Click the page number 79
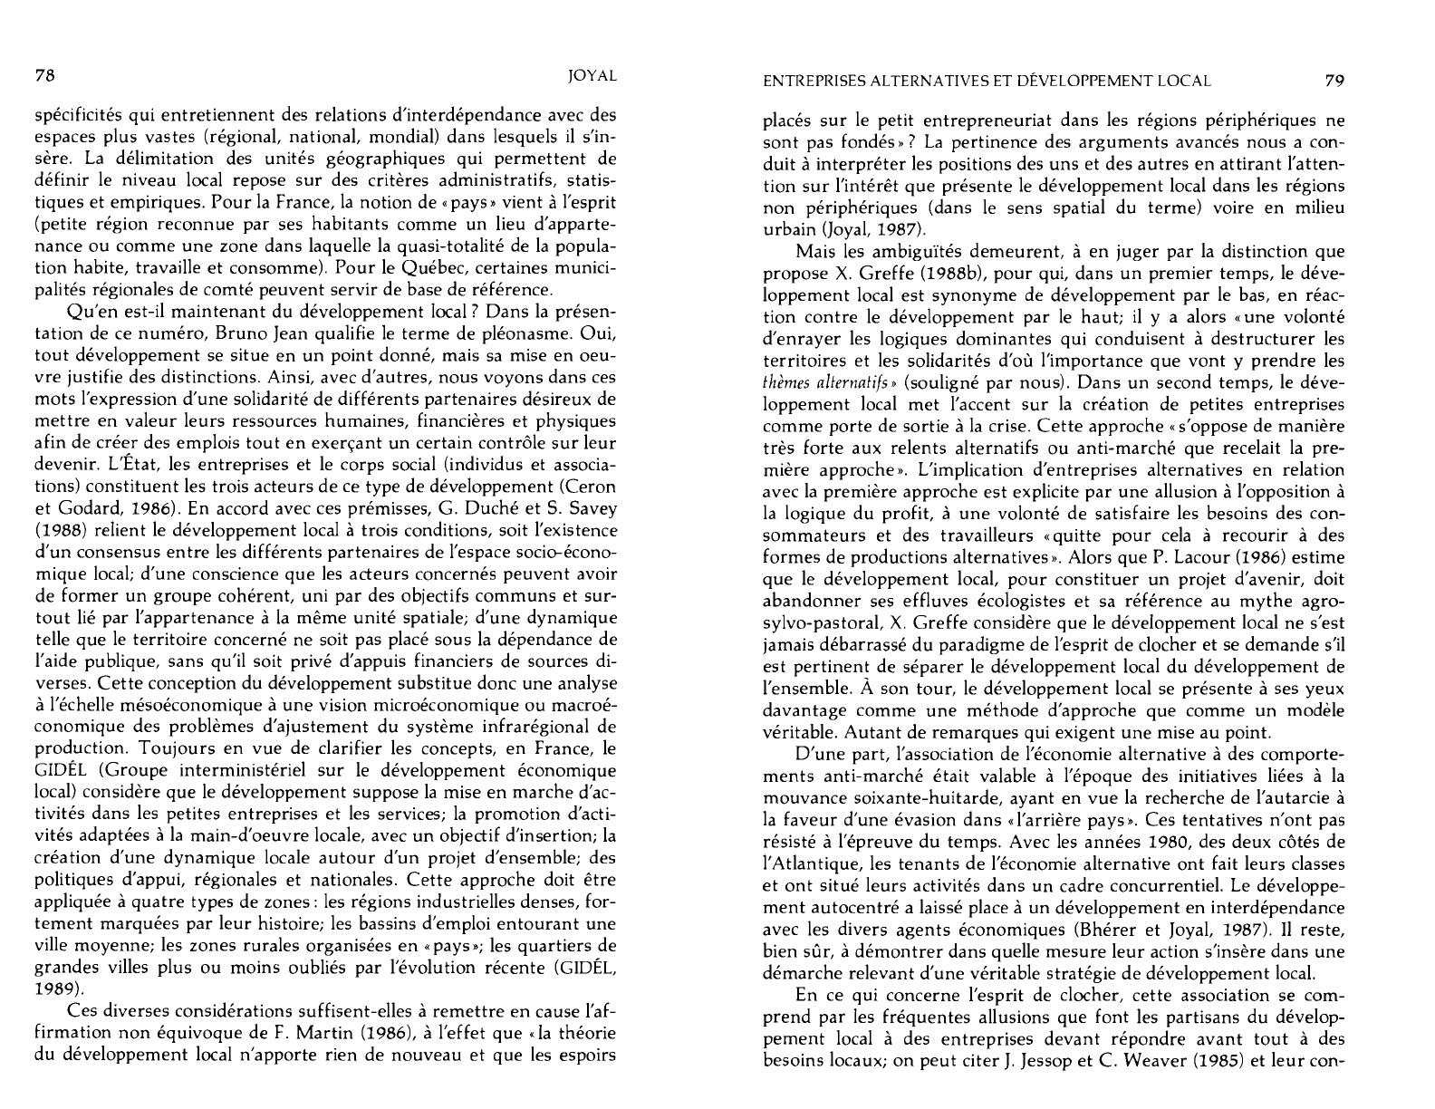pos(1334,80)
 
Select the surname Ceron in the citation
pos(590,487)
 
